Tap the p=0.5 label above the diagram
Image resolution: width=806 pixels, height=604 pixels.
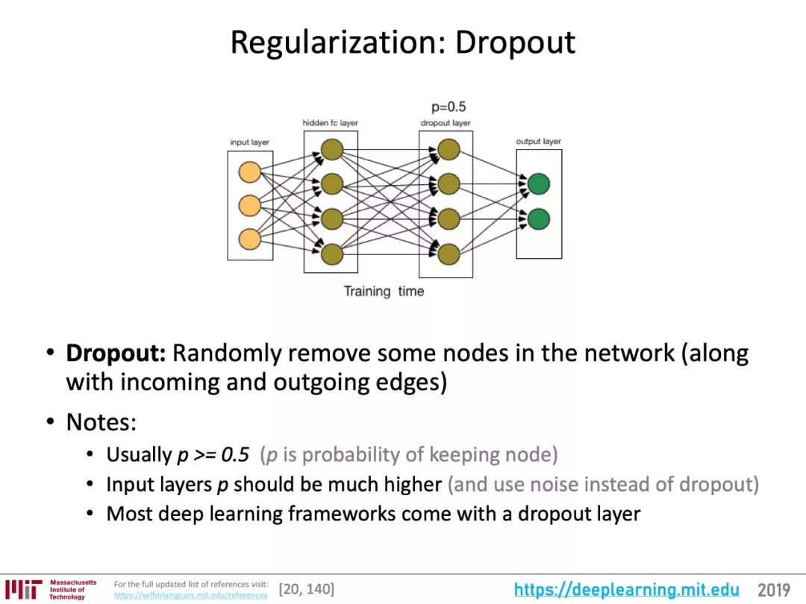tap(449, 107)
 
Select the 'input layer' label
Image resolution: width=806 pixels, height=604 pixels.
tap(249, 142)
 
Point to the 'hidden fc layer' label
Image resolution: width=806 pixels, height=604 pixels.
tap(330, 122)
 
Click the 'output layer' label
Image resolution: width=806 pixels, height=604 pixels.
tap(538, 141)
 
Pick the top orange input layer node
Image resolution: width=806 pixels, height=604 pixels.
tap(249, 172)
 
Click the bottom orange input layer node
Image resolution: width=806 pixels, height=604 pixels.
tap(249, 239)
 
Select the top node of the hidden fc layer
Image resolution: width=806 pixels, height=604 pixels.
tap(331, 150)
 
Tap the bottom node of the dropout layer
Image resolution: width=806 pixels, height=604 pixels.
tap(448, 254)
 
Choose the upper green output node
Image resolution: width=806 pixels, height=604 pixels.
tap(538, 183)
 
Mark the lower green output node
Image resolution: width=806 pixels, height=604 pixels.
tap(538, 219)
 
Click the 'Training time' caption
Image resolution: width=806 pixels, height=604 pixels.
tap(384, 292)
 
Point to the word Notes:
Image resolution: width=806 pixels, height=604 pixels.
tap(101, 423)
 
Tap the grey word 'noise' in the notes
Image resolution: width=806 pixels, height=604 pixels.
tap(559, 484)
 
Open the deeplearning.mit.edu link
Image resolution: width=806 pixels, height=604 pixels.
tap(627, 591)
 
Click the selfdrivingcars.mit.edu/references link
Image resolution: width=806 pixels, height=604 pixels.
tap(190, 595)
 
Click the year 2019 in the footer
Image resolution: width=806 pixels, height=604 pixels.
tap(774, 591)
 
